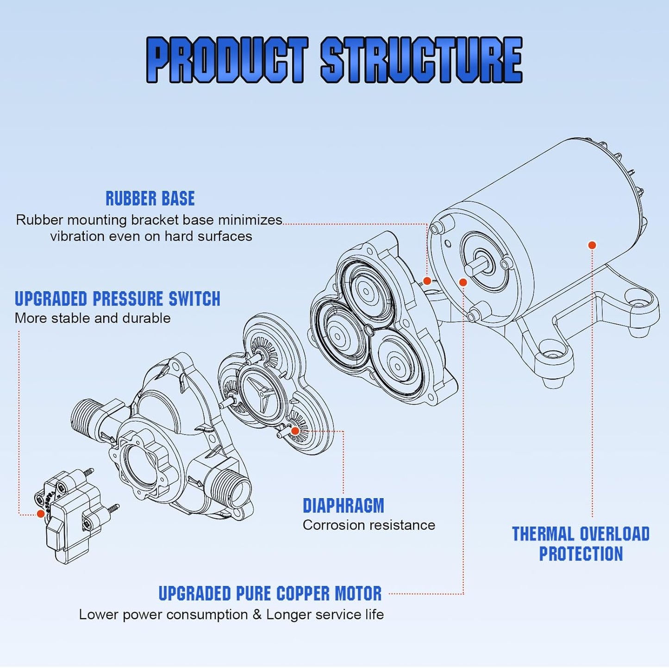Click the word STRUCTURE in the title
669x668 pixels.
point(421,60)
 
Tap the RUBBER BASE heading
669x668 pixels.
point(150,199)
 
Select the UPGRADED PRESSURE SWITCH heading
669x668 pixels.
point(117,299)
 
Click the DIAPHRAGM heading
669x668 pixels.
point(343,506)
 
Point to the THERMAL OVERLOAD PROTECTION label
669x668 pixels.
point(581,543)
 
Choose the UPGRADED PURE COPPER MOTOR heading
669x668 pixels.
point(270,593)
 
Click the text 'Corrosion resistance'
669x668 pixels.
point(369,525)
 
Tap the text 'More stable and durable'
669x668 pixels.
point(93,318)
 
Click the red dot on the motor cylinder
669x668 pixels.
point(592,245)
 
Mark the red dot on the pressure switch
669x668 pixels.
point(41,513)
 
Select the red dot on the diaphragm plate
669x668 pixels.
point(295,431)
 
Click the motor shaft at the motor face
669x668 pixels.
point(477,267)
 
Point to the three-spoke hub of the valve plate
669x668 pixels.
point(262,395)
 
